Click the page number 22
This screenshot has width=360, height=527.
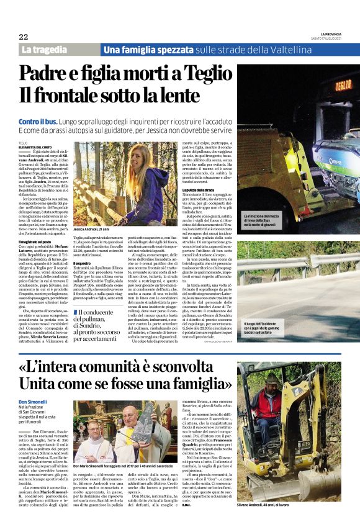click(x=24, y=37)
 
